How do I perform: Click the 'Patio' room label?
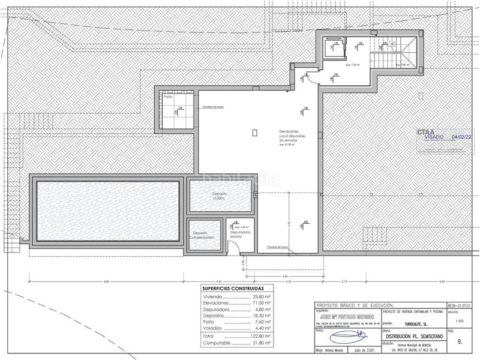[x=167, y=97]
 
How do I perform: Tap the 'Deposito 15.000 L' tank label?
[x=218, y=196]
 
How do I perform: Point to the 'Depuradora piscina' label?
[x=239, y=234]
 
